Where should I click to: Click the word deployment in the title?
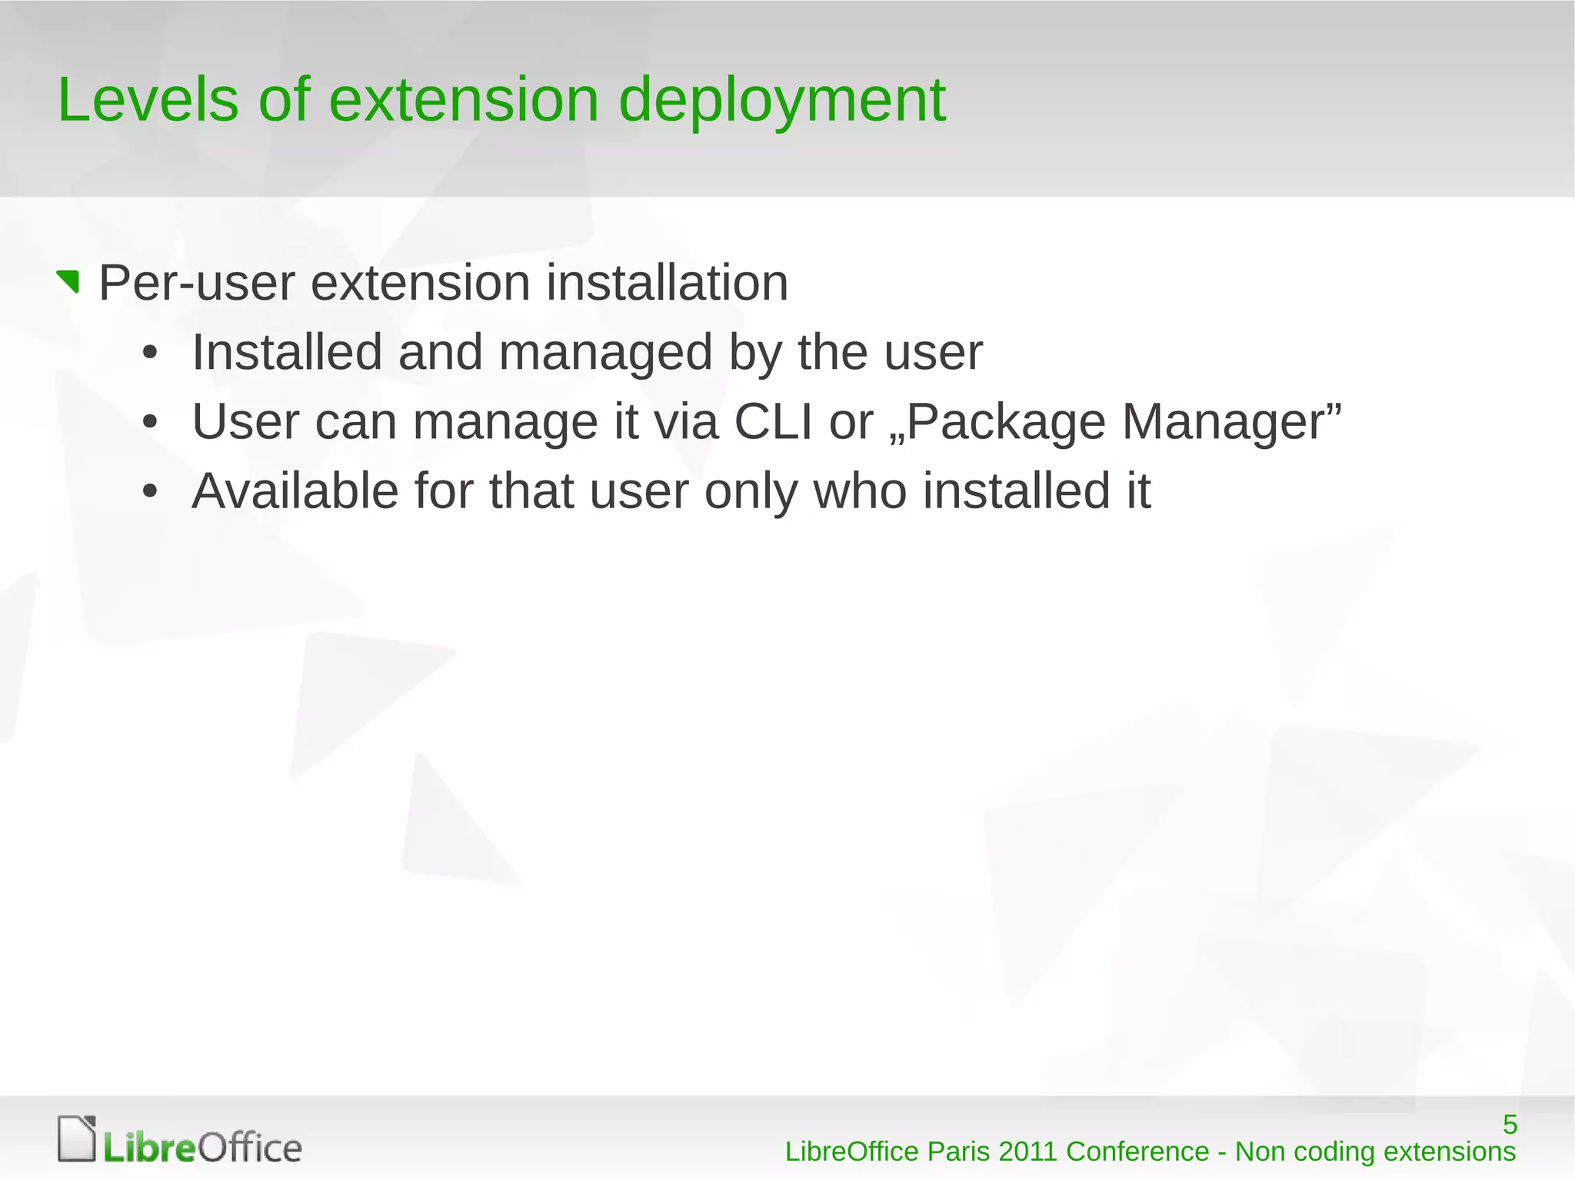click(x=782, y=101)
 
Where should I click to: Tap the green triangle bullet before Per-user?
click(x=69, y=281)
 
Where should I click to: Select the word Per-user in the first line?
click(x=196, y=283)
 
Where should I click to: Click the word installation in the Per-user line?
click(x=667, y=283)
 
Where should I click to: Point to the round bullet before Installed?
click(x=150, y=354)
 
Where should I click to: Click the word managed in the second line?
click(x=605, y=353)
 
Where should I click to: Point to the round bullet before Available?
click(x=150, y=492)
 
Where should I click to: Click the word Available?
click(x=295, y=491)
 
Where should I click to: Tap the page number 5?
click(x=1510, y=1125)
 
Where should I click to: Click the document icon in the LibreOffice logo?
click(x=77, y=1138)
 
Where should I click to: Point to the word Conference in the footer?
click(x=1137, y=1152)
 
